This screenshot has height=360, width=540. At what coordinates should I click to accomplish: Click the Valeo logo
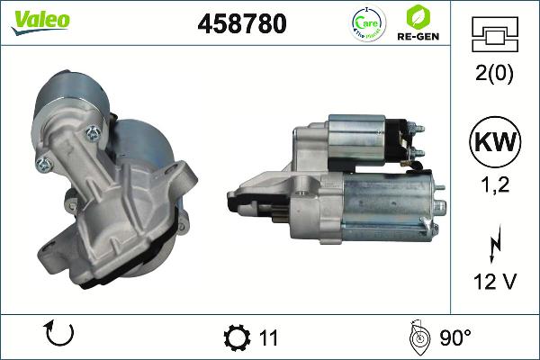click(x=40, y=21)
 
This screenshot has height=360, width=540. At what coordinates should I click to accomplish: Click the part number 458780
click(x=240, y=24)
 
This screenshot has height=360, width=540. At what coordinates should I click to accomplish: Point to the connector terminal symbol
click(x=496, y=36)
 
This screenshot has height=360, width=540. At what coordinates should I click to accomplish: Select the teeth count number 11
click(x=268, y=338)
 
